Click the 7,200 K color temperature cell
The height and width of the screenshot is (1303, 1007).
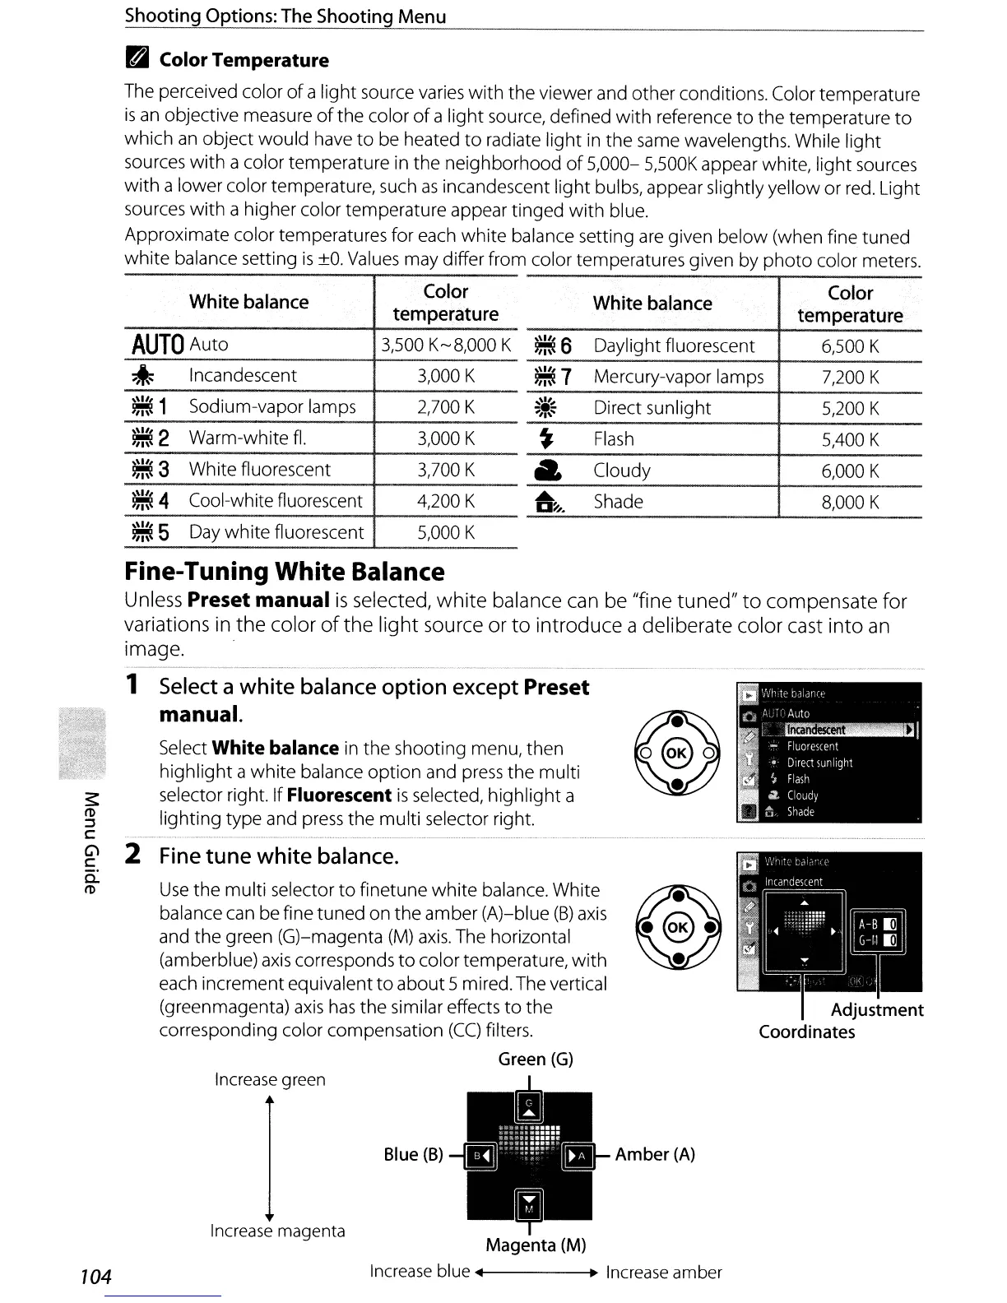(850, 378)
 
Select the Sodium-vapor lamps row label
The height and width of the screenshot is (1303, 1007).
(272, 407)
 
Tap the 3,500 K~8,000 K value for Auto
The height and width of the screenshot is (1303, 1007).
(446, 345)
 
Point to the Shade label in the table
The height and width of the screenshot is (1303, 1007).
(618, 502)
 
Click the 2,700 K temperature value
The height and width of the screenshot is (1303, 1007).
(446, 407)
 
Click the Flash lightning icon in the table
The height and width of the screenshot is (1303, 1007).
(545, 439)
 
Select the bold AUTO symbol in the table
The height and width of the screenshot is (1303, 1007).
(156, 345)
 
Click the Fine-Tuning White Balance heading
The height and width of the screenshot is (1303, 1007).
(285, 572)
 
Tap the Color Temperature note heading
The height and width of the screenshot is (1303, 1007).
(244, 60)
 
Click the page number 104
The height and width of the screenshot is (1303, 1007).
(95, 1277)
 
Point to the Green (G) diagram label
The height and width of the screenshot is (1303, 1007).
(536, 1060)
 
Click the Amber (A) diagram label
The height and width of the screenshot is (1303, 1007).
(655, 1155)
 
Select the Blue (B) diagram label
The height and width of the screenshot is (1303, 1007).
(413, 1155)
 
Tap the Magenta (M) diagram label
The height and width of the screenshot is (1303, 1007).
(536, 1245)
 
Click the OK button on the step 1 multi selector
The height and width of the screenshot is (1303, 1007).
(677, 754)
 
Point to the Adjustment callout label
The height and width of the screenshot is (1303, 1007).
(877, 1010)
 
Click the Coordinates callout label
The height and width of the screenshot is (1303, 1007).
(806, 1032)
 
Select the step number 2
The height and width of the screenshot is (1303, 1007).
(132, 856)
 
